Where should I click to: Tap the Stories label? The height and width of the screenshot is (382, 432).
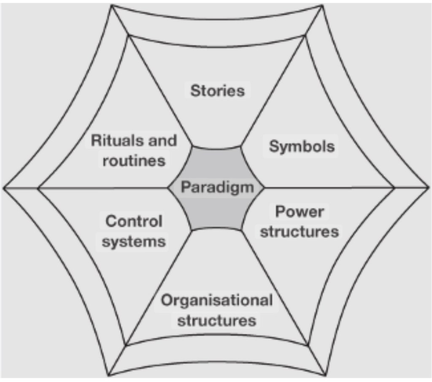(217, 91)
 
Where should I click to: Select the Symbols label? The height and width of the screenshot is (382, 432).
(302, 146)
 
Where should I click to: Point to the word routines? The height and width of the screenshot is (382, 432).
(134, 161)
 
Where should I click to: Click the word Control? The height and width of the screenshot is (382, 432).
(134, 221)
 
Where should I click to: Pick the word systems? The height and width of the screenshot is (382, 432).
(134, 242)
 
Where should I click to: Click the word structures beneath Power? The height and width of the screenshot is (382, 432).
(299, 232)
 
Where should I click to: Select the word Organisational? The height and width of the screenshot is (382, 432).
(217, 301)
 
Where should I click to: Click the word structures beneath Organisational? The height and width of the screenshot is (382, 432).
(217, 320)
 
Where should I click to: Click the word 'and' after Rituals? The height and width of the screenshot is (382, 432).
(162, 140)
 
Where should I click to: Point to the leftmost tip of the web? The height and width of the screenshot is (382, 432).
(4, 188)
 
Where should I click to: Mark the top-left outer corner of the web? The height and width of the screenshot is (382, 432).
(111, 5)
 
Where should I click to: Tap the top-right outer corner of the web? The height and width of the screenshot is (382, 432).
(323, 5)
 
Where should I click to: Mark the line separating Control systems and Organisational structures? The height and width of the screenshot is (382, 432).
(160, 287)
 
